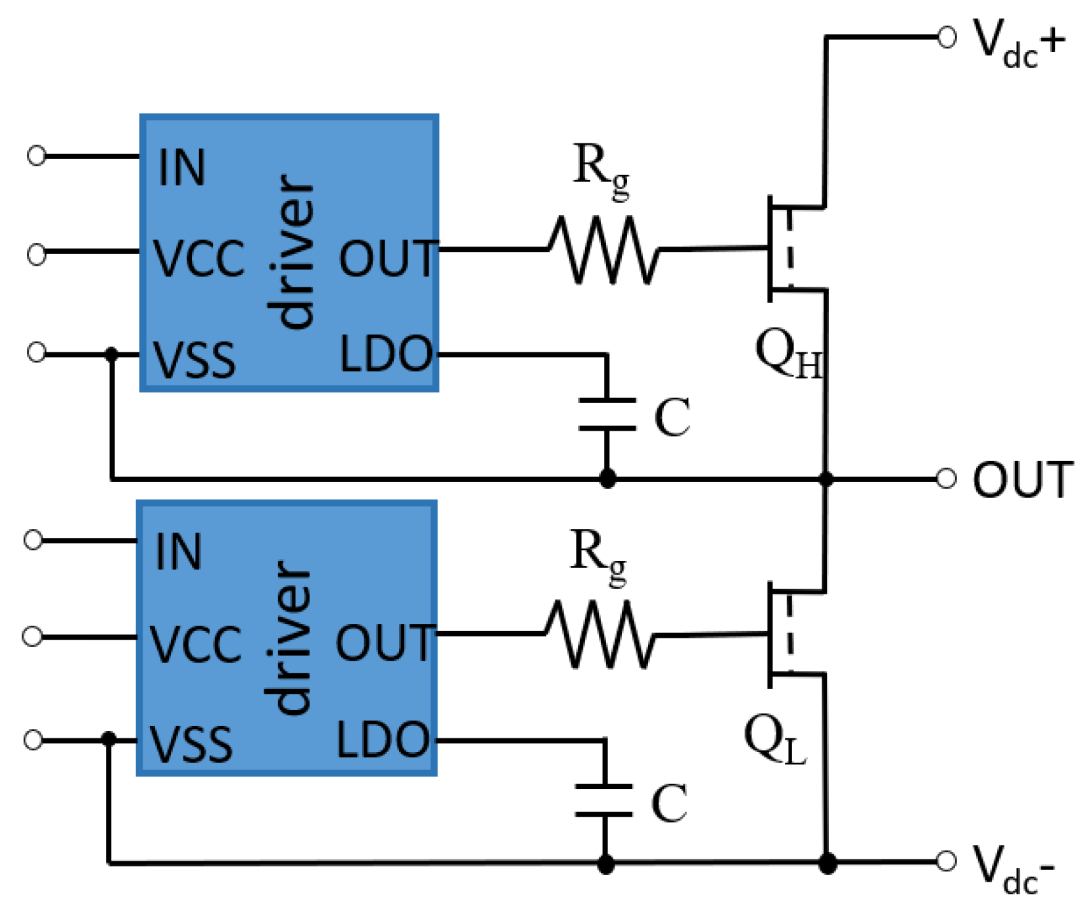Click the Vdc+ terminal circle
[x=946, y=37]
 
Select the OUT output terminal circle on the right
[x=946, y=479]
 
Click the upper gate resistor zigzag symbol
[x=603, y=250]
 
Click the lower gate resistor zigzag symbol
[x=600, y=634]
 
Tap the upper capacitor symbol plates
[x=607, y=414]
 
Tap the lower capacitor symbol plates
[x=603, y=800]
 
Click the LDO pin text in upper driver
[x=386, y=354]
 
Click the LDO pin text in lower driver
[x=383, y=740]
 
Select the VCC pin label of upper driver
[x=199, y=258]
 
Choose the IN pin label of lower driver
[x=178, y=552]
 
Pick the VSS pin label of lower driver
[x=191, y=744]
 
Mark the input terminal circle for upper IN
[x=37, y=156]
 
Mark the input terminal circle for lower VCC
[x=33, y=636]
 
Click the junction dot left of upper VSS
[x=112, y=354]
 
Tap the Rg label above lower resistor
[x=598, y=555]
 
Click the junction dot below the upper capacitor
[x=607, y=479]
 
